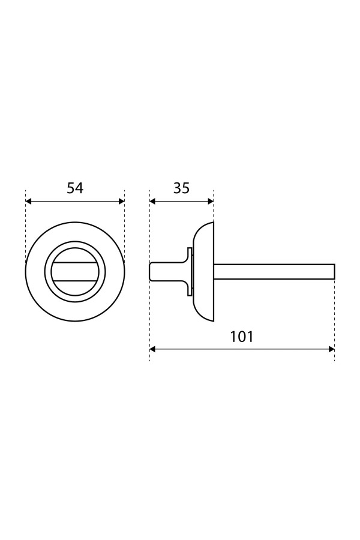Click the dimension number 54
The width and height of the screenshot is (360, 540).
[x=75, y=188]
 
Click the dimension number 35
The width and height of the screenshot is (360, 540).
[x=181, y=188]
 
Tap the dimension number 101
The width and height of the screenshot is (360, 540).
[x=241, y=337]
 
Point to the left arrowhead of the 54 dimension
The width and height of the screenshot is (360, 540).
[x=29, y=202]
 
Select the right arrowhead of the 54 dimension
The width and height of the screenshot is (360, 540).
[x=121, y=202]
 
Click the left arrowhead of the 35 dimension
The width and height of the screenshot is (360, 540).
[x=152, y=202]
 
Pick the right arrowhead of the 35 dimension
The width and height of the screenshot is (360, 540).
[x=211, y=202]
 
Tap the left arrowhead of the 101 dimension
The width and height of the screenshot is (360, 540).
[x=152, y=349]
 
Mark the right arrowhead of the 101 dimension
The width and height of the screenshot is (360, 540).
[x=331, y=349]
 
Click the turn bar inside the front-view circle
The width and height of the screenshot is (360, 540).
[x=75, y=272]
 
